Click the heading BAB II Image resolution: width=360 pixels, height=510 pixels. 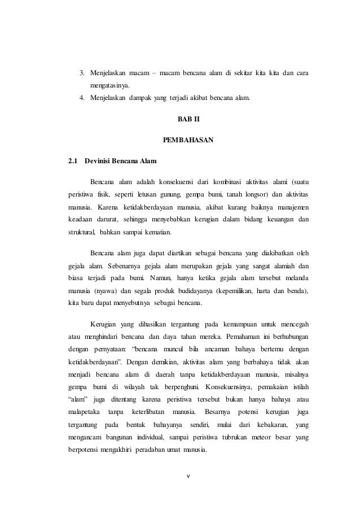click(x=188, y=120)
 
